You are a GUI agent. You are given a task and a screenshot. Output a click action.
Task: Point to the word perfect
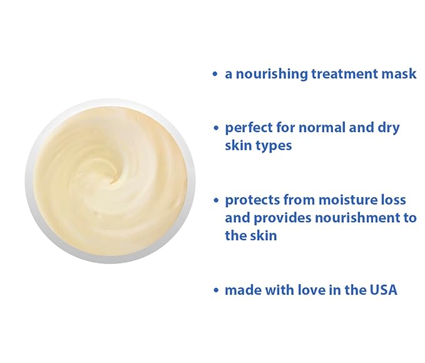coord(249,128)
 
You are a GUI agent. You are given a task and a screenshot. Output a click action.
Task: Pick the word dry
coord(389,128)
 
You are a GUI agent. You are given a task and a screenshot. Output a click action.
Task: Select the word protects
coord(252,200)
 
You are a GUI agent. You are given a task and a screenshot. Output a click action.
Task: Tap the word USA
coord(382,290)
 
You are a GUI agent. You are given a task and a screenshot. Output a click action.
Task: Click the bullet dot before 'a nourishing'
coord(215,74)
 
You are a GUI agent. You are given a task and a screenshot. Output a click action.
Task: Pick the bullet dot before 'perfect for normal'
coord(215,128)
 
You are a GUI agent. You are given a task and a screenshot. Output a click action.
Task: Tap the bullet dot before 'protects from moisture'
coord(215,201)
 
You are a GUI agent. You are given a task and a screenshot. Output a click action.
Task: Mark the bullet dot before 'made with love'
coord(215,291)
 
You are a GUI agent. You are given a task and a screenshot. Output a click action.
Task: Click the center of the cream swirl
coord(113,178)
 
